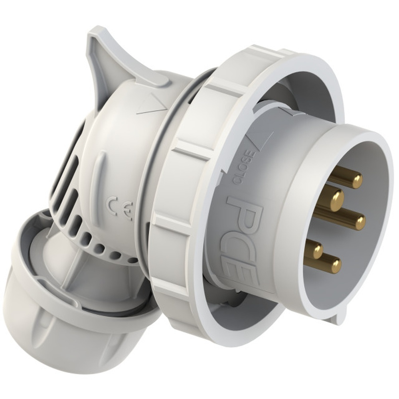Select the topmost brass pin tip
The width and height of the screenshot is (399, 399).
(x=356, y=180)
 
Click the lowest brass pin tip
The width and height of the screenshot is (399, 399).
(x=336, y=266)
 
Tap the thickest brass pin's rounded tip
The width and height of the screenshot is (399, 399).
(x=336, y=199)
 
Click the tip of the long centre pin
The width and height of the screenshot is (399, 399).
(x=359, y=223)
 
